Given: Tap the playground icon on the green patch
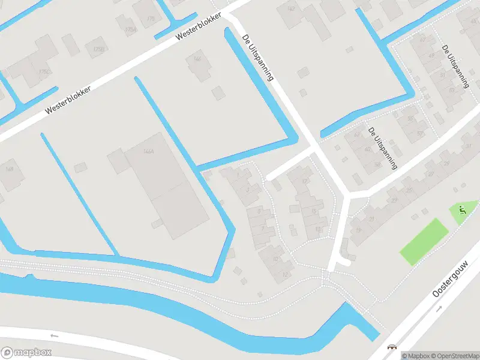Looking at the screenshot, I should click(x=461, y=210).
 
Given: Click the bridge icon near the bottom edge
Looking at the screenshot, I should click(x=392, y=347).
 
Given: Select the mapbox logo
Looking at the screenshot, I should click(x=26, y=352).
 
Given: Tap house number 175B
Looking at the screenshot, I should click(x=98, y=49).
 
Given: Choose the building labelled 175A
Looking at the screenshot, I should click(x=130, y=28).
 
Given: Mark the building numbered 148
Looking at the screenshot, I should click(x=10, y=170).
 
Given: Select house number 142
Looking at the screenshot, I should click(x=292, y=8).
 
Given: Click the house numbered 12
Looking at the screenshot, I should click(x=284, y=274).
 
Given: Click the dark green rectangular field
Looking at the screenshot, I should click(x=424, y=242).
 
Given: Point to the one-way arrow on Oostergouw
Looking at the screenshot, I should click(x=439, y=308).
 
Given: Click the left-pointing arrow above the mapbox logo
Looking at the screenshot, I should click(x=54, y=335).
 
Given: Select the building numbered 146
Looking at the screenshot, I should click(x=198, y=59).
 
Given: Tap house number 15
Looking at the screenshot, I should click(x=314, y=212).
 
